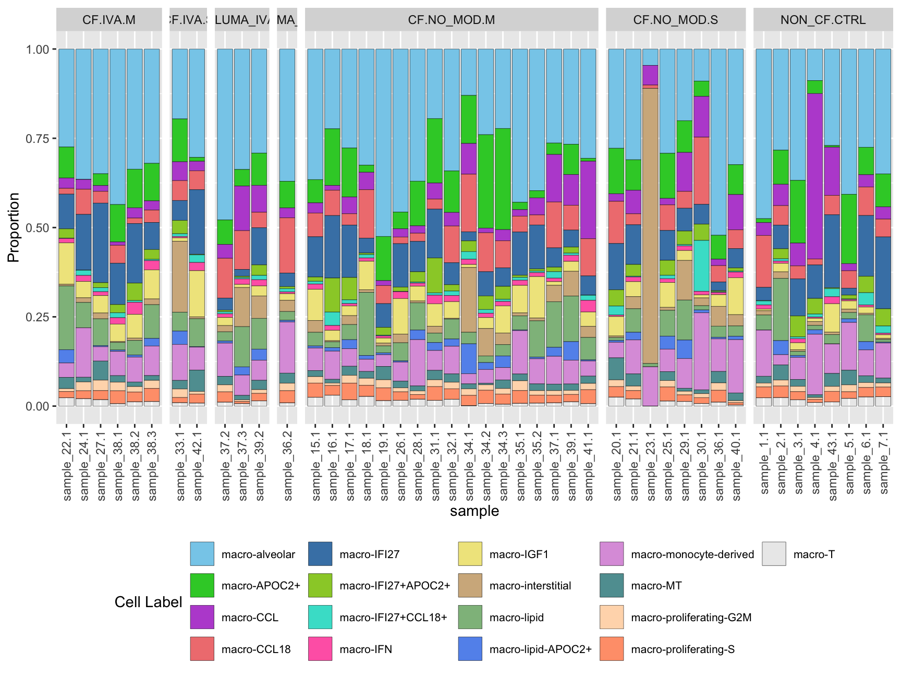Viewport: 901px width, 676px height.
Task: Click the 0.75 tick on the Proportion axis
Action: point(37,139)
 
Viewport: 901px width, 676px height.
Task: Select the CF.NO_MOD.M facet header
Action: point(451,20)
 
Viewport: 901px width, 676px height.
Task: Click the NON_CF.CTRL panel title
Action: point(822,20)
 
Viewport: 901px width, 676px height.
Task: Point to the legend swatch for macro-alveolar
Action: point(202,554)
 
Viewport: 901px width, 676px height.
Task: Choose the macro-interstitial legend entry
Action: point(530,586)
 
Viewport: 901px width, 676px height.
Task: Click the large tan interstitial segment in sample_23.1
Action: point(651,224)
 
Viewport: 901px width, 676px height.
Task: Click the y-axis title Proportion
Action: point(14,227)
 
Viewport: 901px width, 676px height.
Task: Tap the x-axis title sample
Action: point(474,511)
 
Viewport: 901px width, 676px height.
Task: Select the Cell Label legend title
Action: point(148,602)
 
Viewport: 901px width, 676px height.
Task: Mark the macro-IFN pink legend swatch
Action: point(320,649)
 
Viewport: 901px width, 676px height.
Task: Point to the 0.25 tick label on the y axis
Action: point(37,317)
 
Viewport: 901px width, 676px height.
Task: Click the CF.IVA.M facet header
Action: point(108,20)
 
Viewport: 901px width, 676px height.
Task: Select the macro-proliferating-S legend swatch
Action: point(612,649)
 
